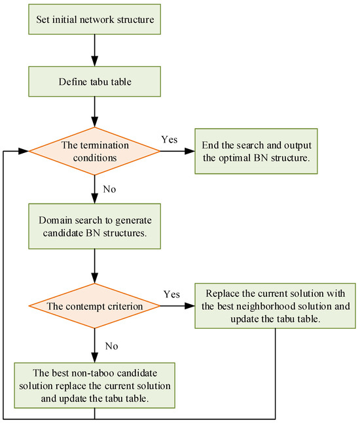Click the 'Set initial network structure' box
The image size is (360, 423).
click(x=95, y=20)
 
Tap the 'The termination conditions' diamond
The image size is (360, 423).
click(x=96, y=151)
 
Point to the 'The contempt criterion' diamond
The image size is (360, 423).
click(x=96, y=306)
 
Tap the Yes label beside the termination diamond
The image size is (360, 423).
click(x=169, y=140)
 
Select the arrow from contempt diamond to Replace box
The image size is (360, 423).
click(x=177, y=306)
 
